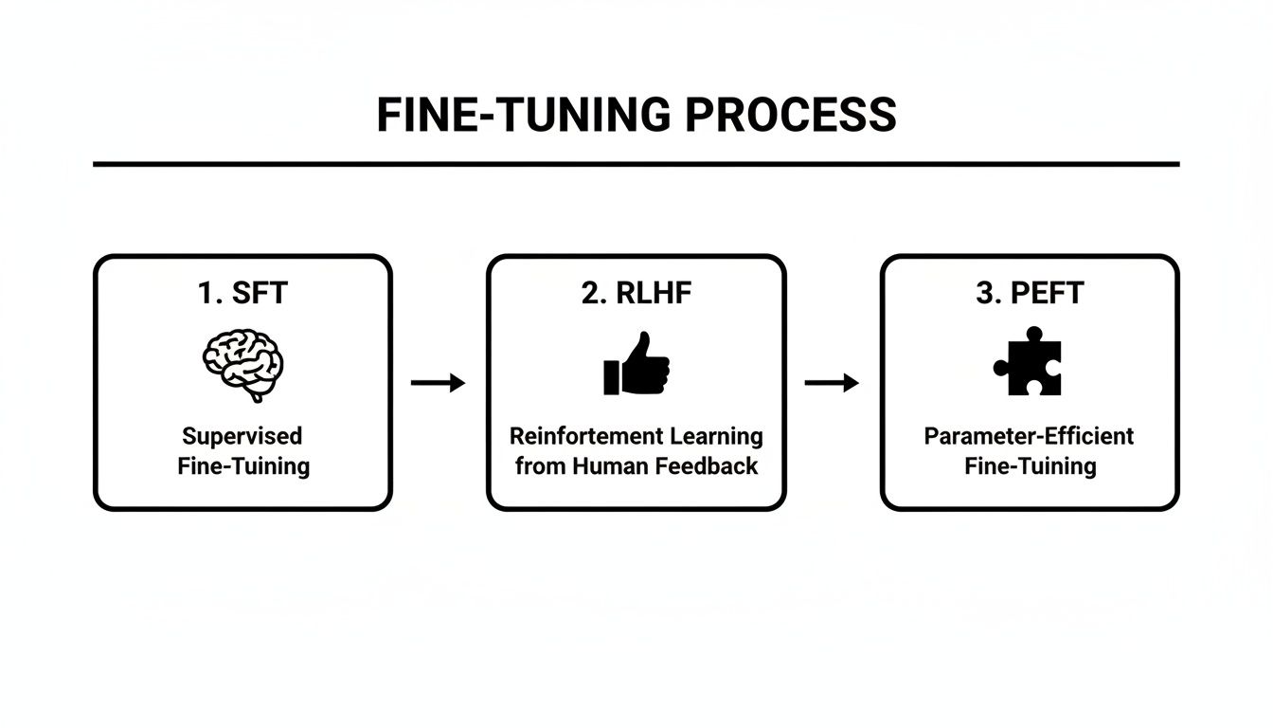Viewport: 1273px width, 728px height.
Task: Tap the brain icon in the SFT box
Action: click(x=242, y=365)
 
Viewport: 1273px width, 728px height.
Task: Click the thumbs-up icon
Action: click(x=636, y=365)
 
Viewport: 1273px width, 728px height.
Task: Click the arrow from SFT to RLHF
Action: click(x=439, y=383)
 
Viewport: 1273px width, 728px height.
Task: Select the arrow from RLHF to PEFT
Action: click(x=832, y=383)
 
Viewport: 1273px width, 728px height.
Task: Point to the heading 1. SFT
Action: click(x=242, y=294)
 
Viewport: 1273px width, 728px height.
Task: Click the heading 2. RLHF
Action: click(x=636, y=294)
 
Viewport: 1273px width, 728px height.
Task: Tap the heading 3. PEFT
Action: click(x=1030, y=294)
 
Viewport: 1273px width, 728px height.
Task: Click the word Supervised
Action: click(x=242, y=436)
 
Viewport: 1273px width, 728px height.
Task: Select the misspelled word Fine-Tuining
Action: click(x=242, y=466)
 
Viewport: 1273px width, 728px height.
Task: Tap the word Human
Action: click(x=602, y=466)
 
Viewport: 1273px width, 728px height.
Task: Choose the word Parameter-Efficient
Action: click(x=1030, y=436)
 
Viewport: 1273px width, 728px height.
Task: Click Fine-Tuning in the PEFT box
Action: click(x=1030, y=466)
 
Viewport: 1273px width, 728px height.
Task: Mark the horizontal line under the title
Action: click(x=636, y=164)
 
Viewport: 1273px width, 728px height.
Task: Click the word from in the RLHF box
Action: click(x=538, y=466)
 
